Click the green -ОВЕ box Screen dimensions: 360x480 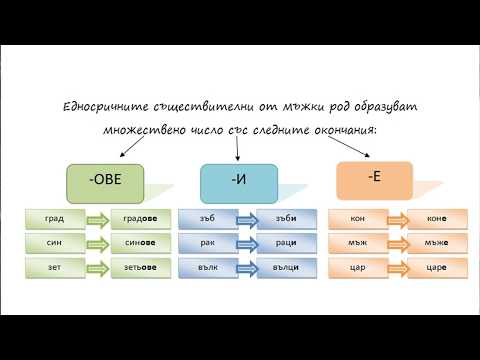[x=105, y=183]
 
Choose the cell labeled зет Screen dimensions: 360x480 [x=53, y=268]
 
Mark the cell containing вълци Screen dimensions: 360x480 [x=285, y=268]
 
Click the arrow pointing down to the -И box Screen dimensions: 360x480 [x=237, y=148]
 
